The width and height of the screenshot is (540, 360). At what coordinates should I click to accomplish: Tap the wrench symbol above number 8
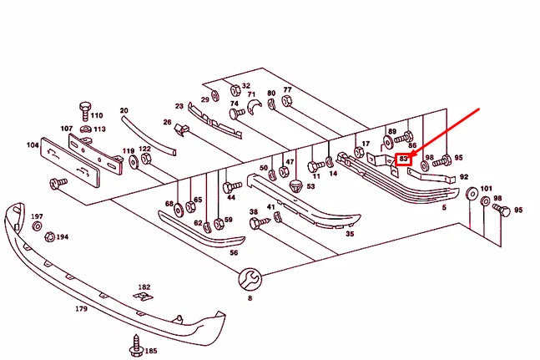click(x=250, y=278)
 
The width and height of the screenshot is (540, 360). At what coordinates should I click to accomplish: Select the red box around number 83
click(x=404, y=158)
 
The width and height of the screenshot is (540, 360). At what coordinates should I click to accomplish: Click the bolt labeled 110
click(x=83, y=109)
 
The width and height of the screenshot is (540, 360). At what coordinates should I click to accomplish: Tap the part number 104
click(x=33, y=145)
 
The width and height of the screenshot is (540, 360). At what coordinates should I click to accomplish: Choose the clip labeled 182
click(x=144, y=297)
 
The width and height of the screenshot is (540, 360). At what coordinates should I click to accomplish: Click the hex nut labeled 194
click(x=48, y=237)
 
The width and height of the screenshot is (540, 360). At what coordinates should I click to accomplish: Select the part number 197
click(x=37, y=217)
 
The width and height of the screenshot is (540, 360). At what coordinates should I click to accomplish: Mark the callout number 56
click(x=234, y=252)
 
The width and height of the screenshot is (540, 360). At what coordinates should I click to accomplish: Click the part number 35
click(x=350, y=235)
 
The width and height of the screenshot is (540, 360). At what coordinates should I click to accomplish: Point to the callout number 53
click(x=310, y=186)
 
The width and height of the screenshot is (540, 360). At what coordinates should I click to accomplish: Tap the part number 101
click(x=487, y=189)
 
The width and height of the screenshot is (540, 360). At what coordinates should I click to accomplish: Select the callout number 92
click(x=464, y=177)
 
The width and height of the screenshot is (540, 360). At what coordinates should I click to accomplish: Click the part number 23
click(x=179, y=106)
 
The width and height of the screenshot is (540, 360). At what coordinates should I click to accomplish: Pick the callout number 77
click(x=287, y=89)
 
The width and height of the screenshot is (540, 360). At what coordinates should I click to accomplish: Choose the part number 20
click(x=124, y=110)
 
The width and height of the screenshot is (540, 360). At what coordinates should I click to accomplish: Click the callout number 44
click(x=230, y=198)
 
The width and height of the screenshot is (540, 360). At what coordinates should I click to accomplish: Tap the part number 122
click(x=144, y=149)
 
